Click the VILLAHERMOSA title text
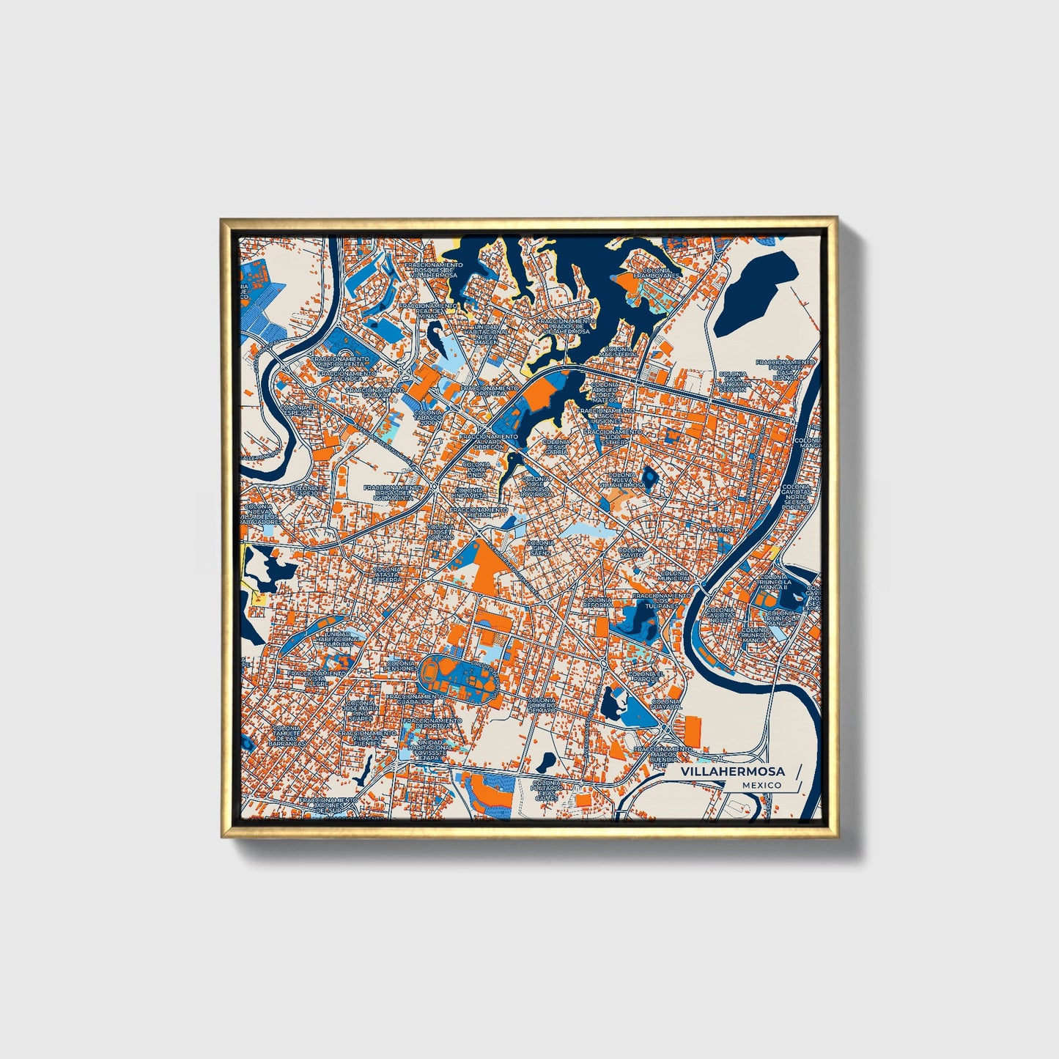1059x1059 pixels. [x=732, y=772]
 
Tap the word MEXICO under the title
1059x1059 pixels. [x=761, y=785]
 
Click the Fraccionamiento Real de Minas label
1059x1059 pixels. [x=437, y=310]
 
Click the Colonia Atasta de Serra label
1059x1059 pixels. [x=387, y=574]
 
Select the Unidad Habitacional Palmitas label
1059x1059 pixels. [x=338, y=639]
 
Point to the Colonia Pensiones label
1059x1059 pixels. [x=402, y=666]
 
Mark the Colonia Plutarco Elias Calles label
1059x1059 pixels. [x=547, y=791]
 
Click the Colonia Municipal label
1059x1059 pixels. [x=675, y=577]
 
